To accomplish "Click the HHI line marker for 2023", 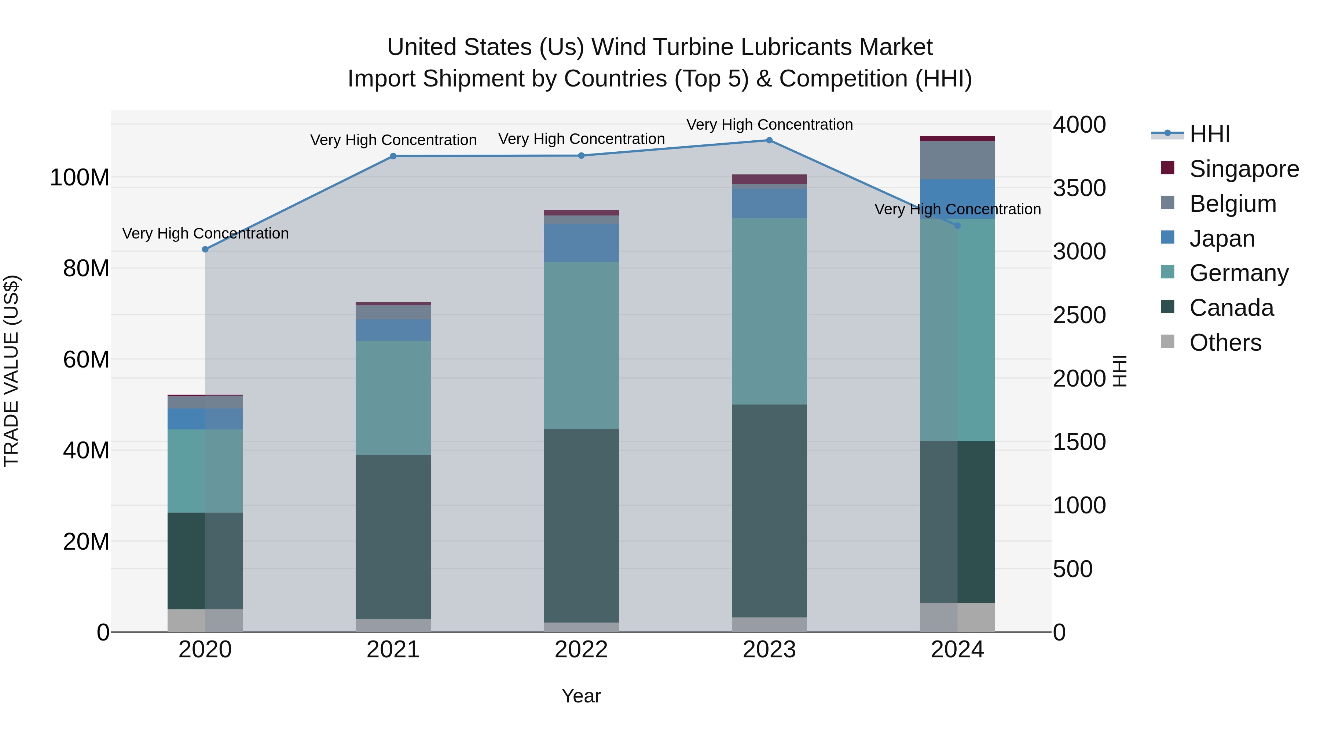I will pyautogui.click(x=769, y=140).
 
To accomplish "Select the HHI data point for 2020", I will pyautogui.click(x=205, y=250).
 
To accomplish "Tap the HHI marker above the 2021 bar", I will pyautogui.click(x=393, y=156).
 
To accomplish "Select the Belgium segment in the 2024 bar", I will pyautogui.click(x=957, y=160).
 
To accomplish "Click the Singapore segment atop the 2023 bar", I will pyautogui.click(x=769, y=179).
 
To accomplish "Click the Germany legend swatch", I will pyautogui.click(x=1167, y=272).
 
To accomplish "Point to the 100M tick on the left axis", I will pyautogui.click(x=80, y=178).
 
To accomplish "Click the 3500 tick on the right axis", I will pyautogui.click(x=1079, y=188).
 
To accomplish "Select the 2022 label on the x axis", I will pyautogui.click(x=581, y=650).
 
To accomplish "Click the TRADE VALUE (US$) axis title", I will pyautogui.click(x=11, y=371).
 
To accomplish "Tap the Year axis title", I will pyautogui.click(x=581, y=696).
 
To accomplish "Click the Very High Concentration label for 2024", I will pyautogui.click(x=957, y=210).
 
